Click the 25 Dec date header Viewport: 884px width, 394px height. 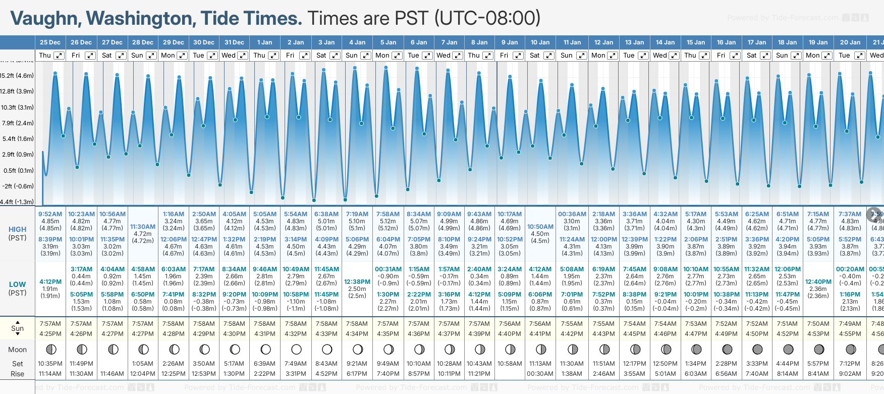(50, 42)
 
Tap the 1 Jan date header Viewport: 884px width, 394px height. (264, 42)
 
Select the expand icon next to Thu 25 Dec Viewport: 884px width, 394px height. (59, 56)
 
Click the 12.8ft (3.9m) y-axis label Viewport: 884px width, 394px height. (17, 91)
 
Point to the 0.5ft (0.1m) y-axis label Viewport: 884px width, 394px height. (17, 170)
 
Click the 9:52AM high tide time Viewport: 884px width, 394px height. (50, 214)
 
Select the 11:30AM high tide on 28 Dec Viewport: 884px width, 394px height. (143, 227)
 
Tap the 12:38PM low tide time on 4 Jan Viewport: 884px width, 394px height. (357, 282)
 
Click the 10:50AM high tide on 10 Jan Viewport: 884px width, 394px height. (540, 227)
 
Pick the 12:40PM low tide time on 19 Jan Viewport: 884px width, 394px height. (818, 282)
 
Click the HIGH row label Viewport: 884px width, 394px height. (17, 229)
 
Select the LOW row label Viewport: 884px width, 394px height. (17, 284)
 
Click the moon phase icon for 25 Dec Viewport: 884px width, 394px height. (50, 349)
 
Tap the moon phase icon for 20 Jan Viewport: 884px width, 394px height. (851, 349)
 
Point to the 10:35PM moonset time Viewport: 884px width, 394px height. (50, 364)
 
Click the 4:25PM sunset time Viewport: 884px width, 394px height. (50, 334)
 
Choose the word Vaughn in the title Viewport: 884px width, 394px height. (44, 19)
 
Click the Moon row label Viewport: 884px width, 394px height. (17, 350)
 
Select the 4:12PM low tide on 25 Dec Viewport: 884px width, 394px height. (50, 282)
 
